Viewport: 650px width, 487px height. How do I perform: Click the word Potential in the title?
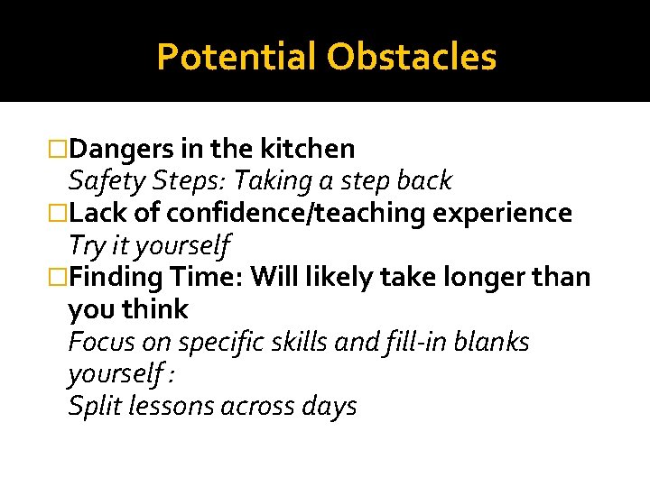click(x=237, y=57)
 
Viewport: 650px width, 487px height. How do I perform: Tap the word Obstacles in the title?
click(x=412, y=57)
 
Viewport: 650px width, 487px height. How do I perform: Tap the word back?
click(x=422, y=180)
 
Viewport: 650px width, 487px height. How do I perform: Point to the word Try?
click(x=87, y=245)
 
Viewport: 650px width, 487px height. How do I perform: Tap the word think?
click(x=155, y=309)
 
